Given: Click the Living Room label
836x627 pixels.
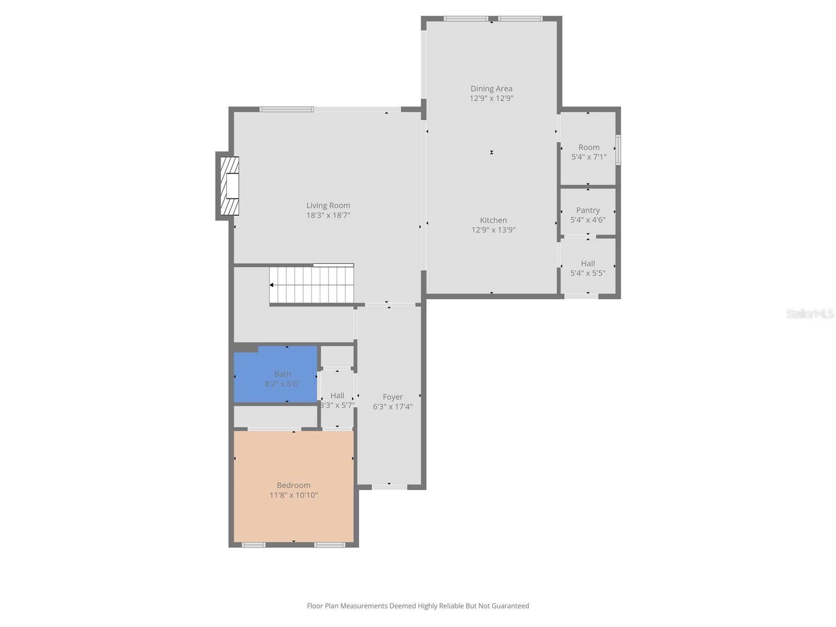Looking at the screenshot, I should pyautogui.click(x=328, y=205).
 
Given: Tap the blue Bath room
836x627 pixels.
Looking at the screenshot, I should pyautogui.click(x=275, y=374).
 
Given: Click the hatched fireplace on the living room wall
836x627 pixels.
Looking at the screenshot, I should pyautogui.click(x=229, y=186).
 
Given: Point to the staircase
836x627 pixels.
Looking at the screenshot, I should pyautogui.click(x=312, y=285).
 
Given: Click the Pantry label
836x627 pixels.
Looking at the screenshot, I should pyautogui.click(x=588, y=210).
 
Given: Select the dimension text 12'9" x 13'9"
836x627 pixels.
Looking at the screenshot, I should pyautogui.click(x=493, y=230).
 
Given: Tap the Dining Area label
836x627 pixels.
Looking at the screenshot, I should pyautogui.click(x=491, y=88).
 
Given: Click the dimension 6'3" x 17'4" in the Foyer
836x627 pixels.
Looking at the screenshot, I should pyautogui.click(x=392, y=407).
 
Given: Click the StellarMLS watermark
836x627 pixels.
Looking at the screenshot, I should pyautogui.click(x=810, y=313).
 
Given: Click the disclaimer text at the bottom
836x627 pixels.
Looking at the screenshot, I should pyautogui.click(x=417, y=606).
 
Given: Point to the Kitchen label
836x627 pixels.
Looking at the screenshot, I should pyautogui.click(x=493, y=220).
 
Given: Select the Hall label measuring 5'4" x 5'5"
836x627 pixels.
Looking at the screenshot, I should pyautogui.click(x=588, y=263).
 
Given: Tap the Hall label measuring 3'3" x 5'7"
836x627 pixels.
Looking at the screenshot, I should pyautogui.click(x=337, y=396).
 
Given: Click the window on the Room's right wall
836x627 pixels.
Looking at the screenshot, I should pyautogui.click(x=618, y=150).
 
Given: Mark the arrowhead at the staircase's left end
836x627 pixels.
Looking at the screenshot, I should pyautogui.click(x=272, y=285).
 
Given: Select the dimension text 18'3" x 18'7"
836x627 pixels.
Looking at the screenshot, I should pyautogui.click(x=328, y=215).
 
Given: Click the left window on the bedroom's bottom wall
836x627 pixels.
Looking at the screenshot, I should pyautogui.click(x=253, y=545).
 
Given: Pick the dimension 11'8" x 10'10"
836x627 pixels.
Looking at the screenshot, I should pyautogui.click(x=294, y=495).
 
